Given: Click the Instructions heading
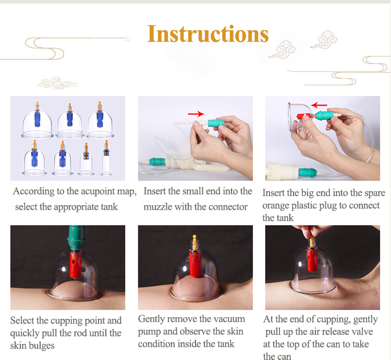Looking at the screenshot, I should (208, 34).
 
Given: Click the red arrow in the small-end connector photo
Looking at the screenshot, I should (196, 113).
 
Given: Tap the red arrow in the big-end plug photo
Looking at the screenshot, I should (320, 104).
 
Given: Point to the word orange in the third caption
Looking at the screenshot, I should (278, 205).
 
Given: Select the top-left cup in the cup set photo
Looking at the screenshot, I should (37, 125).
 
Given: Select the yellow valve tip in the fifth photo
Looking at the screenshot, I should (194, 242).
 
